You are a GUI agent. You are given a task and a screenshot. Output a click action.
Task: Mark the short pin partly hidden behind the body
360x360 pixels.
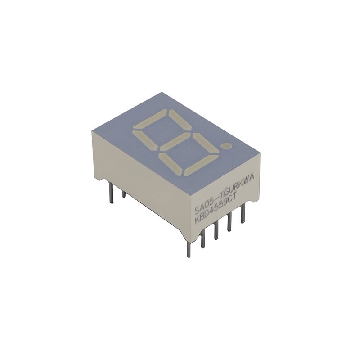coord(124,194)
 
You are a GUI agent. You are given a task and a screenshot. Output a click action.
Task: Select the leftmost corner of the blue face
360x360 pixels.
coord(92,131)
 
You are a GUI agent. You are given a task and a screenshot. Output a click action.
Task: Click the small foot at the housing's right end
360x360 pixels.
coord(254,200)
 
